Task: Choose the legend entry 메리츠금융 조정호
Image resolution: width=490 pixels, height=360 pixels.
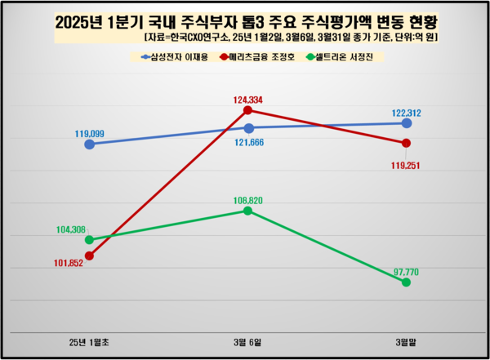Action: pos(260,57)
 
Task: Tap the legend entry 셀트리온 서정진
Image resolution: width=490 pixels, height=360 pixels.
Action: pos(342,57)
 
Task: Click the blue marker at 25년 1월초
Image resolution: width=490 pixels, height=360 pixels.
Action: pos(90,144)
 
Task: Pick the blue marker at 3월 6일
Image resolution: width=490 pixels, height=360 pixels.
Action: pos(248,128)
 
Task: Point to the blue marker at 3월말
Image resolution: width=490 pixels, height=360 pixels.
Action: pos(406,123)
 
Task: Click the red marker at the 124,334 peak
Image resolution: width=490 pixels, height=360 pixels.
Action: pos(248,110)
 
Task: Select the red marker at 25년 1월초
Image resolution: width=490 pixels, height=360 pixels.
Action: pos(90,256)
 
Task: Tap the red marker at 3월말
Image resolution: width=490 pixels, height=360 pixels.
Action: pos(406,144)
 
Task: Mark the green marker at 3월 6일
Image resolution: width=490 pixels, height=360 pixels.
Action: pos(248,211)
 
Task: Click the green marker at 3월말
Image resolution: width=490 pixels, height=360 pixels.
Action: pos(406,282)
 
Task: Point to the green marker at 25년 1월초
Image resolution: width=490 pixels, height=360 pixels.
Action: pos(90,240)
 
